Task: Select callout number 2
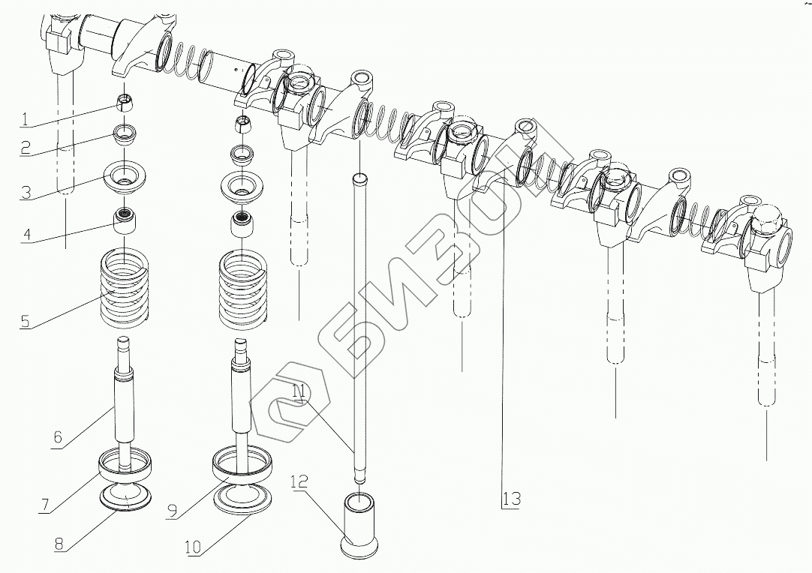tap(25, 147)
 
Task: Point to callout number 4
tap(26, 234)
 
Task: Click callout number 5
tap(25, 322)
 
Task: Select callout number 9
tap(172, 511)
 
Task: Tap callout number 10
tap(192, 548)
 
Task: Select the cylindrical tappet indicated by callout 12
tap(359, 523)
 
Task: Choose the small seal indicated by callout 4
tap(126, 222)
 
